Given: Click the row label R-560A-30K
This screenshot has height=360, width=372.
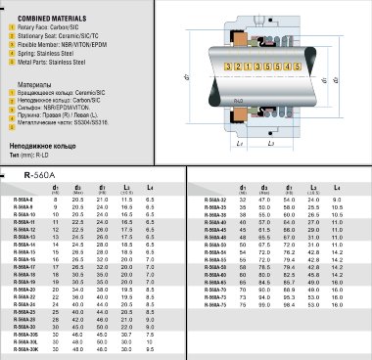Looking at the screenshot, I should (x=26, y=348).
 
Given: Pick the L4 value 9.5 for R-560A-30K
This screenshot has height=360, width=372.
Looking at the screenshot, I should (x=150, y=348).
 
